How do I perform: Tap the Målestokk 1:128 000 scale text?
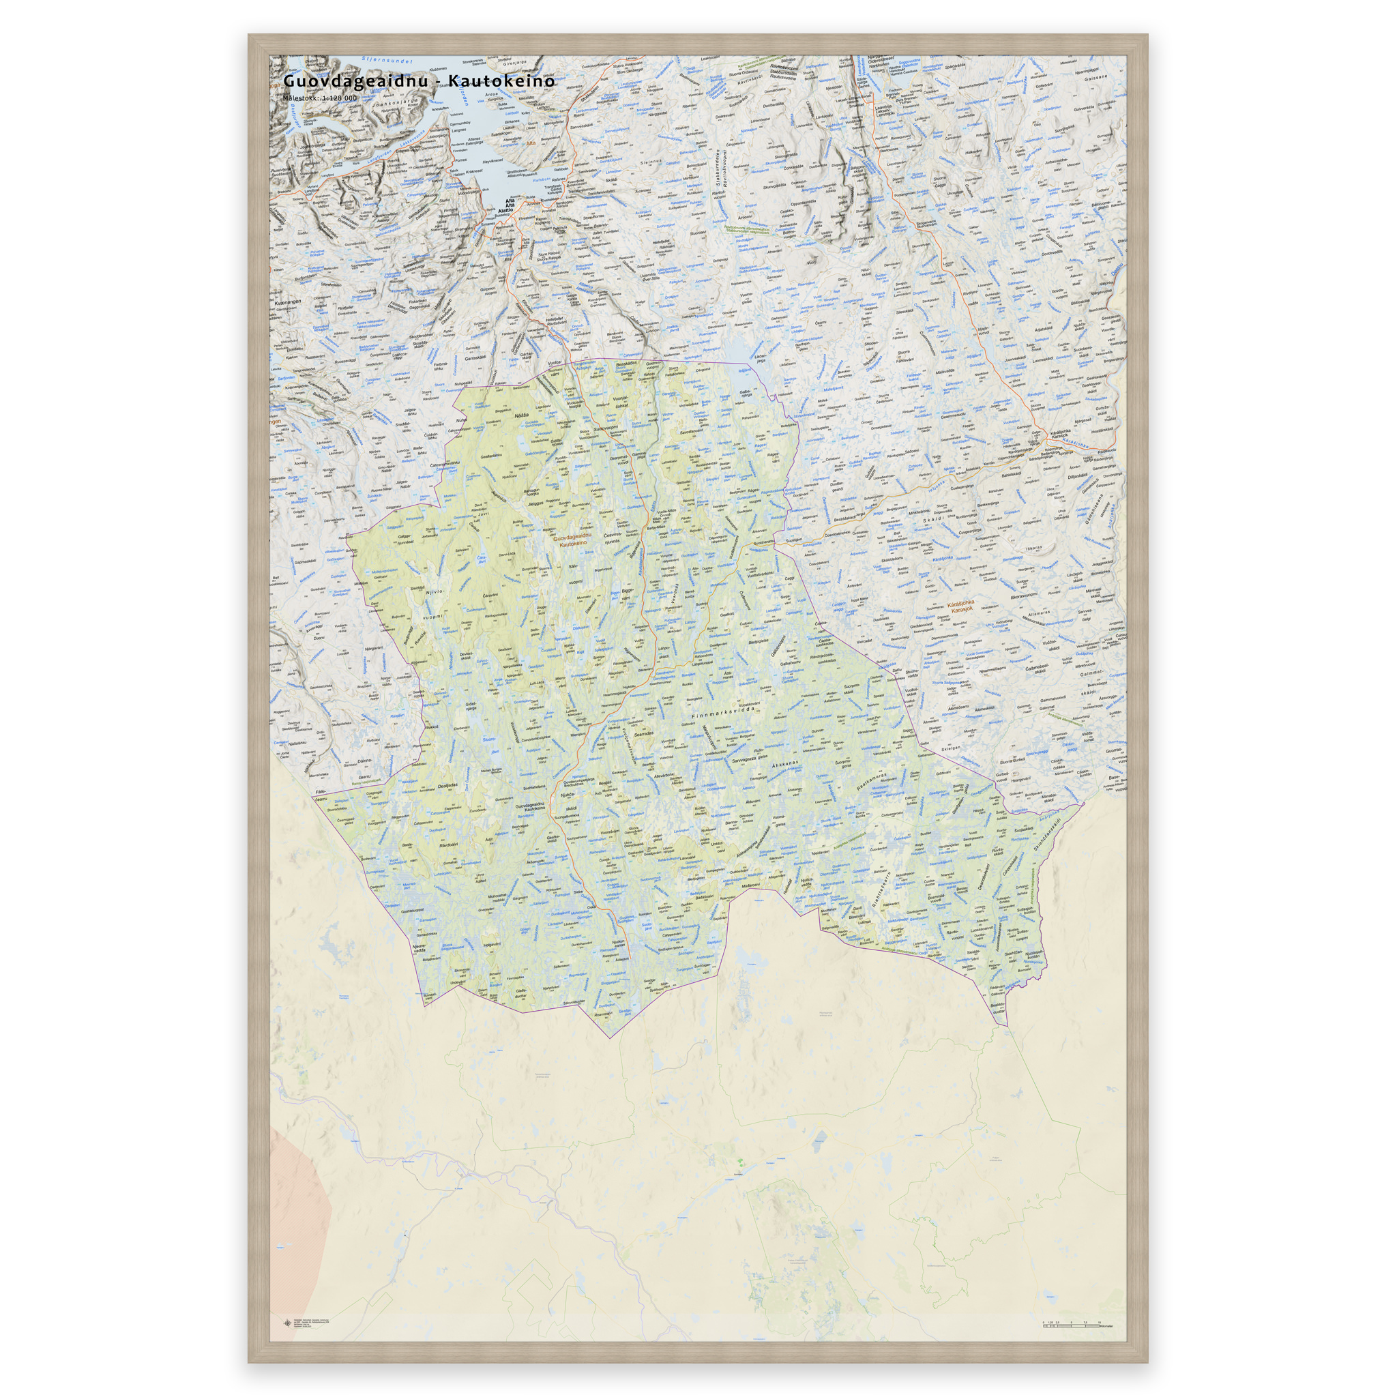point(320,98)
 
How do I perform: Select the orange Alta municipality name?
point(531,143)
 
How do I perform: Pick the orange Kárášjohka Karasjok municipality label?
point(961,606)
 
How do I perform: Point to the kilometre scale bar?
point(1070,1303)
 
